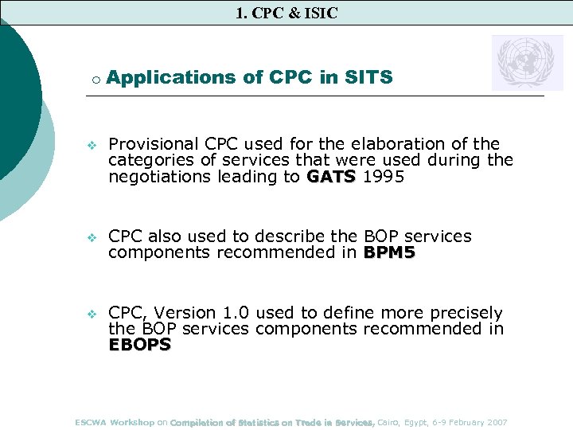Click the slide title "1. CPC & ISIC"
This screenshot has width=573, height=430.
pyautogui.click(x=286, y=13)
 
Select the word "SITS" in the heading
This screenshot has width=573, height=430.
pyautogui.click(x=368, y=77)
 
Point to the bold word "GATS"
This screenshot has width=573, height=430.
pyautogui.click(x=332, y=178)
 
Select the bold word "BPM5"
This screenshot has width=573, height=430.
pyautogui.click(x=390, y=252)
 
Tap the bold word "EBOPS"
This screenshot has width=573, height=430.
pyautogui.click(x=139, y=345)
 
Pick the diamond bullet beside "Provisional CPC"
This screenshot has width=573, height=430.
pyautogui.click(x=91, y=145)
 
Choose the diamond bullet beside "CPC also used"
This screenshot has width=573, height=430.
pyautogui.click(x=91, y=237)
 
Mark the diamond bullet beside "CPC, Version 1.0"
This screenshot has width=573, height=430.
pyautogui.click(x=91, y=314)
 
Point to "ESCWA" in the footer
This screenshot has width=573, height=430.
pyautogui.click(x=91, y=422)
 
